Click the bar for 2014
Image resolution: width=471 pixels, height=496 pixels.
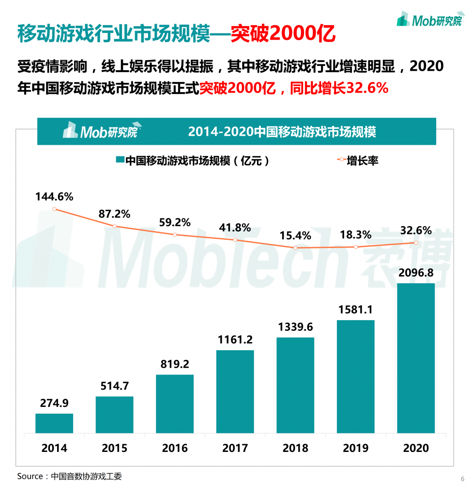(54, 423)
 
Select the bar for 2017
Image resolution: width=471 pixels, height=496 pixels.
(235, 391)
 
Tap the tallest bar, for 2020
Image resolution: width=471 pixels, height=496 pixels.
(416, 358)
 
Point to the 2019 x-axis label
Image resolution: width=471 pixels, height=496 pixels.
(356, 448)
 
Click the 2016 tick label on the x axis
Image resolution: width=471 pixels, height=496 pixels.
(175, 448)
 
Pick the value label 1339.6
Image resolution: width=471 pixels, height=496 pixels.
(295, 327)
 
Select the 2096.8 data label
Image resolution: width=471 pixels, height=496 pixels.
(416, 273)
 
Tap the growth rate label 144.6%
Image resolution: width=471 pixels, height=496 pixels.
(54, 197)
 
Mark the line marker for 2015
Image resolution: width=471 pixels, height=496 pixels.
(115, 226)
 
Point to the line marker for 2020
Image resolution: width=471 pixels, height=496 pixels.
(416, 243)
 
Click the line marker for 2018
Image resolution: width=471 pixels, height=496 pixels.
(295, 248)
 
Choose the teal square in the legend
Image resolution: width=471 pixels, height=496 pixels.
(120, 160)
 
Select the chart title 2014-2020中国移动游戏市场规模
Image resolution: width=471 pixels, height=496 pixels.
(282, 132)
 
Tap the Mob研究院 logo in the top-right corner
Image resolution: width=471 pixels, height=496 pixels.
(429, 19)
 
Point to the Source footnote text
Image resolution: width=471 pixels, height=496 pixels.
(70, 476)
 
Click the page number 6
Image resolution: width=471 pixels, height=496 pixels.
(462, 479)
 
